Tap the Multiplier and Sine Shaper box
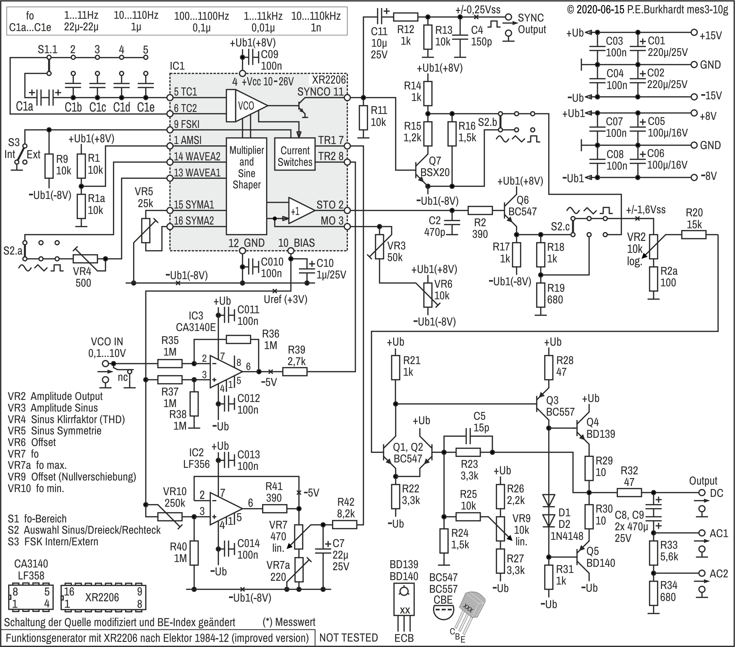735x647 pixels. point(246,186)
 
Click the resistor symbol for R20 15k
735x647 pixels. point(693,235)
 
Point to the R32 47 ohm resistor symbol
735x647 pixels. point(629,492)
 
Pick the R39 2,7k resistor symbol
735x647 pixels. point(295,372)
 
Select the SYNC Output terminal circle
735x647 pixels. point(508,17)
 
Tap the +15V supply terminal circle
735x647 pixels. point(694,33)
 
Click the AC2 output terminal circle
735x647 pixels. point(702,573)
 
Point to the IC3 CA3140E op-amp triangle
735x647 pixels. point(226,372)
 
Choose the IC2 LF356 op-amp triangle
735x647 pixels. point(226,508)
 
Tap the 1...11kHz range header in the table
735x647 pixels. point(263,16)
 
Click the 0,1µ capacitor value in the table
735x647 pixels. point(201,28)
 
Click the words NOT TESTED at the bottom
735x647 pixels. point(348,638)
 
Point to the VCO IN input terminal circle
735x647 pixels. point(105,363)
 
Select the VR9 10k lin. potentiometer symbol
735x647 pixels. point(500,529)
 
